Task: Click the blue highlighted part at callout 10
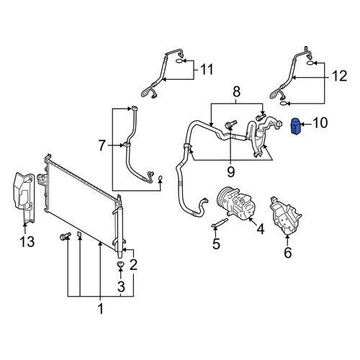tap(295, 126)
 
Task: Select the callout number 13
tap(27, 241)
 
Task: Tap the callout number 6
tap(288, 253)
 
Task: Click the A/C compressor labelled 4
tap(236, 204)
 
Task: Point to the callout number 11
tap(207, 69)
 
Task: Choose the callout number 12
tap(340, 76)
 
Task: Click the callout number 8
tap(237, 92)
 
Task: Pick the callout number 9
tap(230, 171)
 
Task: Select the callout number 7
tap(102, 145)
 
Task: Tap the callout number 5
tap(216, 244)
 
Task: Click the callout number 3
tap(121, 286)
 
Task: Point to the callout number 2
tap(133, 265)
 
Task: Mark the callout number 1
tap(101, 308)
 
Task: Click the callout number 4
tap(261, 229)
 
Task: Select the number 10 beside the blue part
tap(320, 122)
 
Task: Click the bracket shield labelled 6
tap(285, 215)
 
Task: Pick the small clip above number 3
tap(120, 264)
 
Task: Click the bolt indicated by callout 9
tap(230, 124)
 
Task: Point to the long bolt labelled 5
tap(220, 222)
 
